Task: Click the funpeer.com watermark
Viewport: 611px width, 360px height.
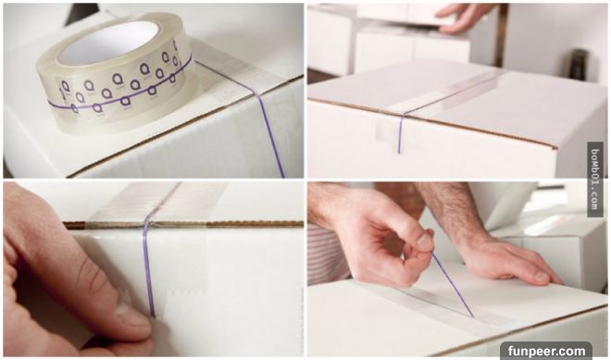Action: point(546,351)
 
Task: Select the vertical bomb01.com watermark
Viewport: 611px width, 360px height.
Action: point(594,180)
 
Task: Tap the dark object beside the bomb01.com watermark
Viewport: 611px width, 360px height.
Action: point(578,64)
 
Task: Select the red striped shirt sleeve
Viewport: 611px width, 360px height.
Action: point(328,254)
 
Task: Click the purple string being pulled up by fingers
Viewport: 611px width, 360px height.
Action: point(452,284)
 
